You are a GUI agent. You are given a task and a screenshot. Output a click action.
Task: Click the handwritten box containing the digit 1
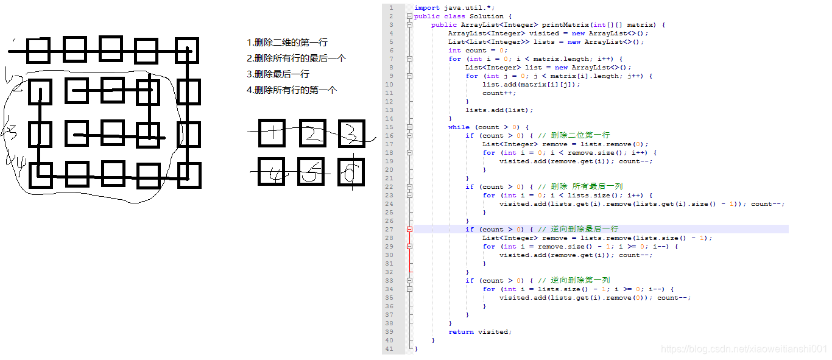(x=272, y=132)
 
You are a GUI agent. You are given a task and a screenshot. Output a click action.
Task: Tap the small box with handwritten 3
(x=351, y=132)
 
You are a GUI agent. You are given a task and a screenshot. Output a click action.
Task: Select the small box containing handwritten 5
(x=311, y=172)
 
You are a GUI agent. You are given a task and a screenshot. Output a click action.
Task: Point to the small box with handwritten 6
(x=351, y=172)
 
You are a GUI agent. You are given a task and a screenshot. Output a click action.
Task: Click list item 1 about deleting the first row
(x=287, y=43)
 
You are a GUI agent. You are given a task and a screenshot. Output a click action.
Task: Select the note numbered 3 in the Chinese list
(x=278, y=74)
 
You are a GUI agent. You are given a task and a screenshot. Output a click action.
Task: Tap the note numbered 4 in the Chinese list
(x=292, y=90)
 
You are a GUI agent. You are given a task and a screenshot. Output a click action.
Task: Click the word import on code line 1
(x=427, y=8)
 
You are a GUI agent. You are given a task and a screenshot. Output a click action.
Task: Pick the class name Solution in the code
(x=487, y=16)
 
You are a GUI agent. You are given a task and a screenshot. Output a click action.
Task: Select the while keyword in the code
(x=459, y=127)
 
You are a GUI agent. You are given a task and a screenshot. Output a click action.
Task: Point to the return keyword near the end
(x=460, y=332)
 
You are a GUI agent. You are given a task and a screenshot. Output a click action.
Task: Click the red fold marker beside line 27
(x=410, y=230)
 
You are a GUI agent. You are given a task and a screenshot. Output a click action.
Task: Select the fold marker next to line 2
(x=410, y=16)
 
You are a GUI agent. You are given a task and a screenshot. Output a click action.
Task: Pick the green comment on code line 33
(x=575, y=281)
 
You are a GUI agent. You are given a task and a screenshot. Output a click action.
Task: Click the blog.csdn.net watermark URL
(x=744, y=350)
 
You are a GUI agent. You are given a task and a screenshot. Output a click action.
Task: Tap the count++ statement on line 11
(x=499, y=93)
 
